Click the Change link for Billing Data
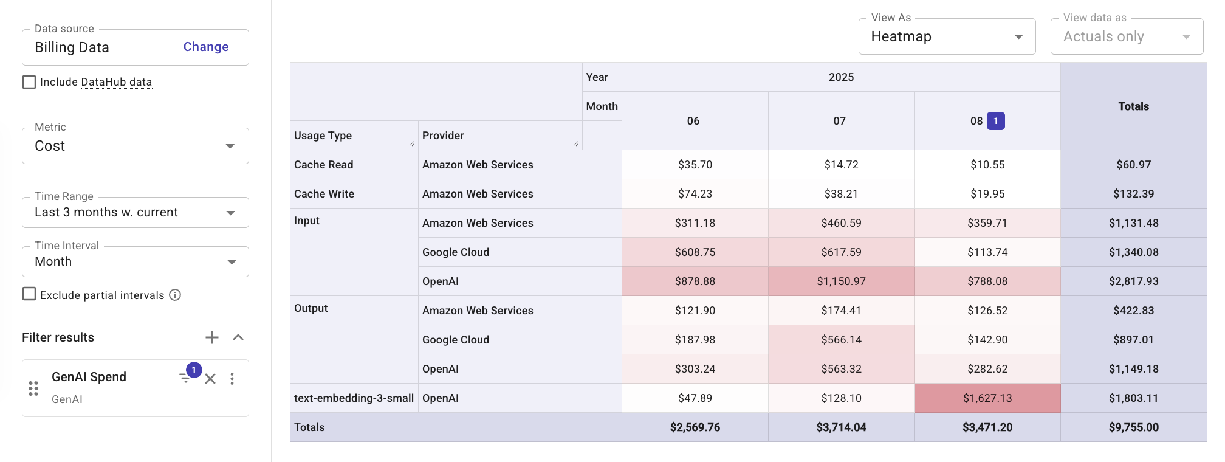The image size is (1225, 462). click(x=206, y=47)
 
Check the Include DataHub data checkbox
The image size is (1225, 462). click(x=29, y=82)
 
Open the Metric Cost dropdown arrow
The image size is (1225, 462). click(x=230, y=146)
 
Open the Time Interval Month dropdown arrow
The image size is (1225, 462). click(x=231, y=262)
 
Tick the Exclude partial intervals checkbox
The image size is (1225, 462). click(x=29, y=294)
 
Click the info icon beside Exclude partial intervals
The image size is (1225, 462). click(x=175, y=295)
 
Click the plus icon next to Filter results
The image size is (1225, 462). click(x=211, y=337)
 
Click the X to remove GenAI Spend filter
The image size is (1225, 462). click(x=210, y=379)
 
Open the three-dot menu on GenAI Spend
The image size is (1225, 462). click(x=232, y=379)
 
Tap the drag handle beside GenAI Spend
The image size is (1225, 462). click(x=33, y=388)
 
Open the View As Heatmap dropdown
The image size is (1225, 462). click(x=946, y=36)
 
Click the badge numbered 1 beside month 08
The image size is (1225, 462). click(x=995, y=121)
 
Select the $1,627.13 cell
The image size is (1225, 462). click(x=987, y=398)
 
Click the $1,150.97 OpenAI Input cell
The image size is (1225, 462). click(x=841, y=281)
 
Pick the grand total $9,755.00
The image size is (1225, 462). click(x=1133, y=427)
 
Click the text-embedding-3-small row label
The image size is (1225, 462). click(x=354, y=398)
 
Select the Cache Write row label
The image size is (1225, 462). click(x=324, y=194)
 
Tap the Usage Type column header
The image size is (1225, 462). click(x=323, y=136)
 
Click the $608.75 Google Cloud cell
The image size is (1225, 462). click(x=695, y=252)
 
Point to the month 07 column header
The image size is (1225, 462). click(x=839, y=121)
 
